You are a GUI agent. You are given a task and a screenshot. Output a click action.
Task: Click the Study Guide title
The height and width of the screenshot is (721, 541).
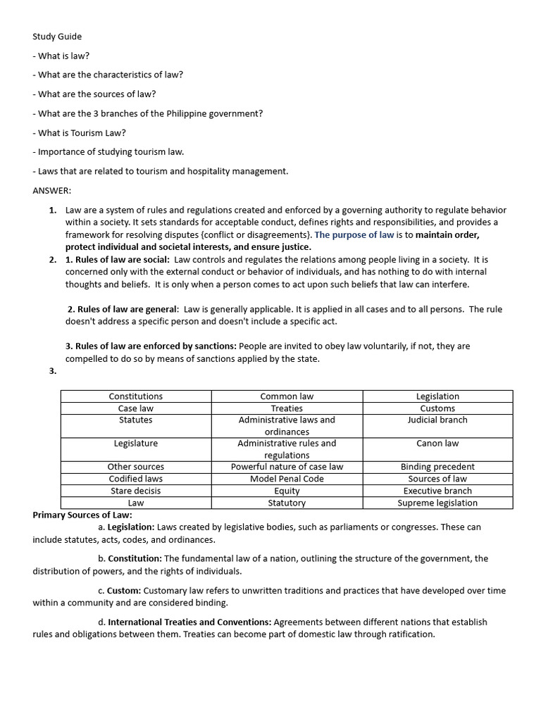coord(57,37)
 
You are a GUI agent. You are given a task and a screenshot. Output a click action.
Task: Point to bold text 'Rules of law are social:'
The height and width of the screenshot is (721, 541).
coord(117,260)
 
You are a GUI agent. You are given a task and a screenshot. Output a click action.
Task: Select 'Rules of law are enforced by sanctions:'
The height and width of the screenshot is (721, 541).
coord(151,346)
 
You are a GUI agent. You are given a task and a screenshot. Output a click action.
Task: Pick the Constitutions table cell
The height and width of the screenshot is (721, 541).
coord(136,396)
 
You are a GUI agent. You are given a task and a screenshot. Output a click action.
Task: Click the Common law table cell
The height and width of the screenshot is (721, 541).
coord(287,396)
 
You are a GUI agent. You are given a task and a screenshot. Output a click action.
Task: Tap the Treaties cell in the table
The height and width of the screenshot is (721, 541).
coord(287,408)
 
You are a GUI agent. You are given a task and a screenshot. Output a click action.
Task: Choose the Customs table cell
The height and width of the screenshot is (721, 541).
coord(437,408)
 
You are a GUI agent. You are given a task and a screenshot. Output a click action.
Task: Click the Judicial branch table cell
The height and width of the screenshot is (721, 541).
coord(437,420)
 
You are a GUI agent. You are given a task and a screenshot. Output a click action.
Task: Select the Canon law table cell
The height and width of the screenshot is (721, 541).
coord(437,444)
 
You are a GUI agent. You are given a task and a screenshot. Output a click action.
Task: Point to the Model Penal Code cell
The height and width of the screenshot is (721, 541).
coord(287,479)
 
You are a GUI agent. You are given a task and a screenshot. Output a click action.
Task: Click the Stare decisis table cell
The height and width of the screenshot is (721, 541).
coord(136,491)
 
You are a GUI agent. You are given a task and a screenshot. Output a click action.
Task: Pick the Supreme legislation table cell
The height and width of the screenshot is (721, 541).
coord(437,503)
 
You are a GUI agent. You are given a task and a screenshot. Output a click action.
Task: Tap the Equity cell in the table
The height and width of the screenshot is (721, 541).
coord(287,491)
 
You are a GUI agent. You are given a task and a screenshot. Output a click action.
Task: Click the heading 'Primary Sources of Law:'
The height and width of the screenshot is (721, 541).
coord(82,515)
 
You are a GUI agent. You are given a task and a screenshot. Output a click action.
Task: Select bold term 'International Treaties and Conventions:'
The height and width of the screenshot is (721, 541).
coord(189,622)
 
